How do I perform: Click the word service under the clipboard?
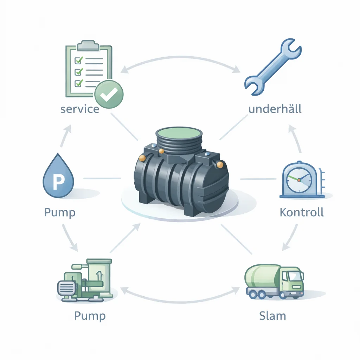coord(80,109)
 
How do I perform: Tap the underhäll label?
coord(275,109)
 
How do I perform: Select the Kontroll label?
coord(302,212)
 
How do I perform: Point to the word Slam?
coord(272,315)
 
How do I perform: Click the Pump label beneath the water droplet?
coord(60,212)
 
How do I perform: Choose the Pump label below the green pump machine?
coord(90,315)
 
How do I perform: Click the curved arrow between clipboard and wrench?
coord(180,60)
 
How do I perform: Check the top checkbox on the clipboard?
coord(79,60)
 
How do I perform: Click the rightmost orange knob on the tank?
coord(220,165)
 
